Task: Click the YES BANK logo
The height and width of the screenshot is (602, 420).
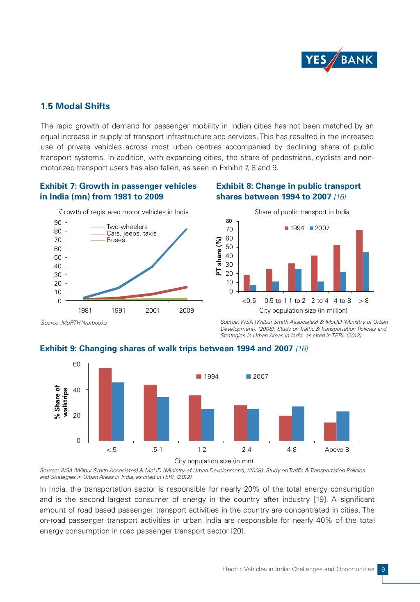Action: pyautogui.click(x=339, y=60)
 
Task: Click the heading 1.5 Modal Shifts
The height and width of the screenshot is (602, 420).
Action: pyautogui.click(x=75, y=106)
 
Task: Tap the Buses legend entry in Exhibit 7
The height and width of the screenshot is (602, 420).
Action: pyautogui.click(x=115, y=240)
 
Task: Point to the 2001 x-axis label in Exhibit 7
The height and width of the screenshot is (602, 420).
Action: pyautogui.click(x=152, y=311)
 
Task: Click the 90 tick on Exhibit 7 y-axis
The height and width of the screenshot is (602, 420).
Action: pyautogui.click(x=58, y=223)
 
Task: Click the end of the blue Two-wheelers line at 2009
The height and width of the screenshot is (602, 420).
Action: pyautogui.click(x=186, y=229)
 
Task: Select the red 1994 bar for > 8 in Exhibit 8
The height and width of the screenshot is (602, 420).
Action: pyautogui.click(x=359, y=261)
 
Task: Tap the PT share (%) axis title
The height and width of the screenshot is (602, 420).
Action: pyautogui.click(x=219, y=256)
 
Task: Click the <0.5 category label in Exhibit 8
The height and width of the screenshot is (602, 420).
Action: pyautogui.click(x=249, y=301)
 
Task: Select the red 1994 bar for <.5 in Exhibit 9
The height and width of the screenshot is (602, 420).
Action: pyautogui.click(x=105, y=404)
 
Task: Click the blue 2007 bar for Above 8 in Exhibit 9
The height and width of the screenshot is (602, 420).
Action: pyautogui.click(x=343, y=426)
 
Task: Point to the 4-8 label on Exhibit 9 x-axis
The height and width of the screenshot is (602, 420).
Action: pyautogui.click(x=292, y=450)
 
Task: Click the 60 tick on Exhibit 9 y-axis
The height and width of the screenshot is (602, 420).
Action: pyautogui.click(x=77, y=364)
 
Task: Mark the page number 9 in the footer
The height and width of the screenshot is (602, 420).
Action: pyautogui.click(x=383, y=569)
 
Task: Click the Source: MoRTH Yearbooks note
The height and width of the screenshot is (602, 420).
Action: pyautogui.click(x=74, y=323)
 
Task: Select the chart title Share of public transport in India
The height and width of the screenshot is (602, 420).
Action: pyautogui.click(x=302, y=212)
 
